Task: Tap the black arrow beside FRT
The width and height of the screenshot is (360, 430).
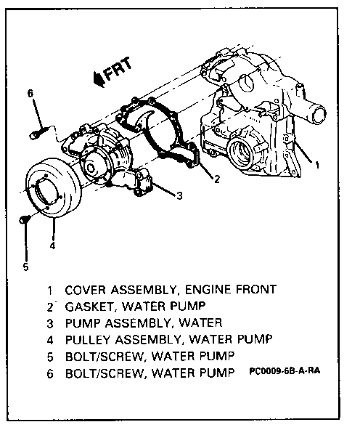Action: [99, 79]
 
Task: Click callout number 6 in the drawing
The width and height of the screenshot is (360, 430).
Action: [30, 93]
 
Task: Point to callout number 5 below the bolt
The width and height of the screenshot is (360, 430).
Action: [25, 267]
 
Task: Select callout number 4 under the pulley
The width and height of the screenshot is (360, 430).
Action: [52, 246]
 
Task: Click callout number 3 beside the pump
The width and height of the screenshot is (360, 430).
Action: [179, 196]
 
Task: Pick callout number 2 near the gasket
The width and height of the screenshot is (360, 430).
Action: [217, 179]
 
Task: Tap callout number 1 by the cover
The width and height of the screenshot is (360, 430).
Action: [317, 165]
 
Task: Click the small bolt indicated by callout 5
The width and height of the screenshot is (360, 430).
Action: [24, 219]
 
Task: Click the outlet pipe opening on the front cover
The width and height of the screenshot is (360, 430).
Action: [319, 114]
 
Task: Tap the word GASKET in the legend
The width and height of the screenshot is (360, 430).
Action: [89, 307]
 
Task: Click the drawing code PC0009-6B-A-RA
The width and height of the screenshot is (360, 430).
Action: [285, 370]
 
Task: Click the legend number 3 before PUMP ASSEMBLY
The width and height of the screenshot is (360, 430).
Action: [50, 324]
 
